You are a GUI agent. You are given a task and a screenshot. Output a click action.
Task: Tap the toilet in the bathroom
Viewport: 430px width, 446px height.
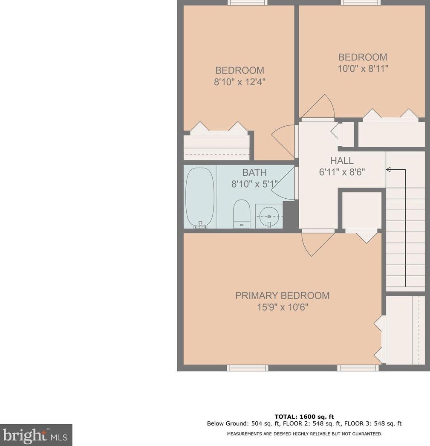(242, 214)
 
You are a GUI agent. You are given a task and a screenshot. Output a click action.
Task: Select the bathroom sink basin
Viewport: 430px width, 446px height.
(269, 216)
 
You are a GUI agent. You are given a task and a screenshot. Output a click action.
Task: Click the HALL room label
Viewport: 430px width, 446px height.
(342, 161)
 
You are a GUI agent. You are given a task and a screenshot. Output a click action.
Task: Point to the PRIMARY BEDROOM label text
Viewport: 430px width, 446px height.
(282, 295)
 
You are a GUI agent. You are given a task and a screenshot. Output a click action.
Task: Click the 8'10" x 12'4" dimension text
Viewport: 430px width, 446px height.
(240, 82)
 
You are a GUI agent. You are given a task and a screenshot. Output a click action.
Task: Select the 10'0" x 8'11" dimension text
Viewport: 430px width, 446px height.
(363, 69)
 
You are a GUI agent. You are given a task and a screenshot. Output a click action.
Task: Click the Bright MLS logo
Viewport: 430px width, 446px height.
(36, 435)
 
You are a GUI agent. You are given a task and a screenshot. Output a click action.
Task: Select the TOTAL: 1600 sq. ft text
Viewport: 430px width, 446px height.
(304, 417)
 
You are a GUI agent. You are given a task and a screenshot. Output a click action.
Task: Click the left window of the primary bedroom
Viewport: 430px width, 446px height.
(247, 368)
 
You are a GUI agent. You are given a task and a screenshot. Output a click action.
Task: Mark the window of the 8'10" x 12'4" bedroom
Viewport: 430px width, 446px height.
(247, 3)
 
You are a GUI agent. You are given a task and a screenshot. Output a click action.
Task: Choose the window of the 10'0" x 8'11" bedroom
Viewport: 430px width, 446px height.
(361, 3)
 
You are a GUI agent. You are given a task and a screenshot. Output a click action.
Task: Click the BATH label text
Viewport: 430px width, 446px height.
(254, 173)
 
